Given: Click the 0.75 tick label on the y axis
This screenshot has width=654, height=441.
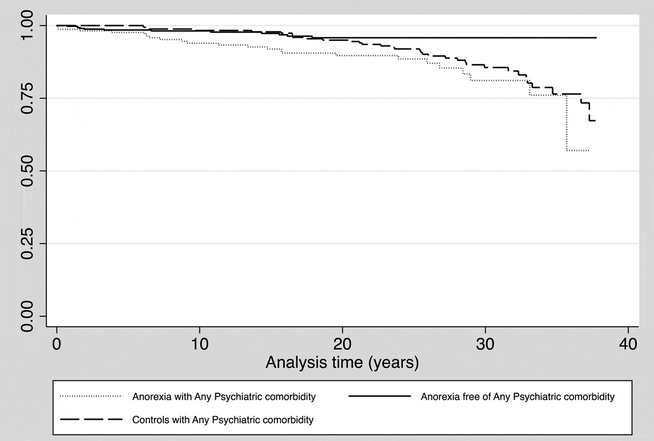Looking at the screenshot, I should pos(27,98).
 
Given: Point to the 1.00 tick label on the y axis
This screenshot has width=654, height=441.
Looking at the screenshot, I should pos(27,26).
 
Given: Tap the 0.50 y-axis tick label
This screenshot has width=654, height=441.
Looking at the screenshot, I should pos(27,171).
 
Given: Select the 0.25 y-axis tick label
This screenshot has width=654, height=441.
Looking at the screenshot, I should pos(27,244).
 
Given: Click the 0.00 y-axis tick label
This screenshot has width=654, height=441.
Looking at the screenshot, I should pos(27,316).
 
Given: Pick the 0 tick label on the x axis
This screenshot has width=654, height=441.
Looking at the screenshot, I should pos(57,344).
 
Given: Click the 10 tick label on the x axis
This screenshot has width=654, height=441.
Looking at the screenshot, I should pos(199,344).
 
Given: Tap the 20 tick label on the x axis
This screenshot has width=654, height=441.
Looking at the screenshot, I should pos(342,344).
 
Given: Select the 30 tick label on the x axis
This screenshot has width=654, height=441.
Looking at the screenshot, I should pos(485,344).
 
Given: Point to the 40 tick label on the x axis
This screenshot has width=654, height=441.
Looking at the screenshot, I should pos(628,344).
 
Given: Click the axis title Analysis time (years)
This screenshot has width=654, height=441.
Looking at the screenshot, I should pos(342,363).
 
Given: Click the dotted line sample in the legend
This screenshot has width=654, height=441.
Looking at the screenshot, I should pos(91,397).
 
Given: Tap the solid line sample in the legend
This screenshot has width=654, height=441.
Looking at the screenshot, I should pos(379,397).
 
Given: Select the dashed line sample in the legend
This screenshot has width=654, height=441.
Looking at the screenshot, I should pos(91,420).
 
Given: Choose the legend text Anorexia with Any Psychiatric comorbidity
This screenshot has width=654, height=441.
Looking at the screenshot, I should pos(224,397).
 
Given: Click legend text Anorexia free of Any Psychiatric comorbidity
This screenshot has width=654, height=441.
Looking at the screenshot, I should pos(518,397).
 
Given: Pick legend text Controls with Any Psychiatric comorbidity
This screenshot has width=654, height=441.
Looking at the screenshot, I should pos(223,420).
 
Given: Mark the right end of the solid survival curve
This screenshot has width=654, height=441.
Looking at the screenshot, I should pos(596,37).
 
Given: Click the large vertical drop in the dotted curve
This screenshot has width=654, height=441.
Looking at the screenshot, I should pos(566,122).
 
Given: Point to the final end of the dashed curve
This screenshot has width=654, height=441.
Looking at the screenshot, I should pos(595,121).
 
